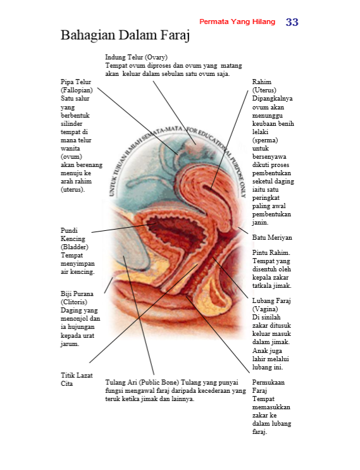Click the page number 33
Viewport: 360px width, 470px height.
pos(292,22)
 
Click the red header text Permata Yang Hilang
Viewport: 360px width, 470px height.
pos(237,22)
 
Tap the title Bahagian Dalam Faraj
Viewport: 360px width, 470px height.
pos(125,35)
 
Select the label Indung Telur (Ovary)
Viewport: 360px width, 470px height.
pos(137,58)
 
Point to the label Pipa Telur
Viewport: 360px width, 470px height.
pos(76,82)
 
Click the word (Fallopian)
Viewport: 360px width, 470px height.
pos(77,90)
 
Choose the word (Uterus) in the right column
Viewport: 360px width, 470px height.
pos(264,90)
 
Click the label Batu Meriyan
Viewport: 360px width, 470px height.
pos(272,237)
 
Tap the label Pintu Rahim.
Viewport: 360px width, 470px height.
pos(271,252)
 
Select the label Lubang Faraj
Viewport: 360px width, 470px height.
pos(271,300)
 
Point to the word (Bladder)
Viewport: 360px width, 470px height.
pos(75,247)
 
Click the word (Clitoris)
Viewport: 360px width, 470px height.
pos(74,302)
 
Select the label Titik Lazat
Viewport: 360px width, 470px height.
pos(77,375)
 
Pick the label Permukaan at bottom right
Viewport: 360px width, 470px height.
pos(268,383)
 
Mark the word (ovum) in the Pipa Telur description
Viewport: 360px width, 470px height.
pos(71,157)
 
